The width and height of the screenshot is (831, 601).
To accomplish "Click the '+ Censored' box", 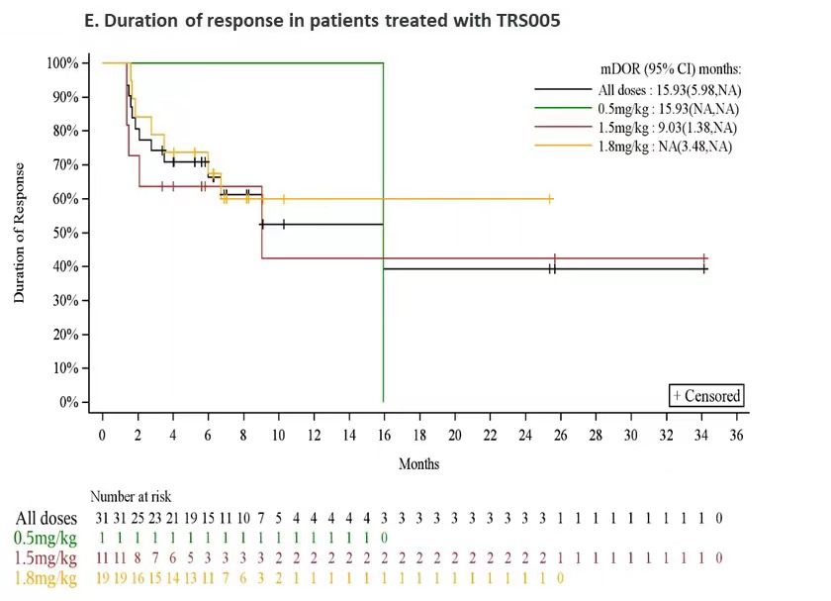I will (x=705, y=396).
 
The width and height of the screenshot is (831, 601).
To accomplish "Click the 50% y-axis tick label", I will (x=64, y=233).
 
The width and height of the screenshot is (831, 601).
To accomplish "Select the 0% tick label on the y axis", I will (x=67, y=402).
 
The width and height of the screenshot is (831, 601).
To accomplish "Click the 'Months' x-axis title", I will (x=418, y=463).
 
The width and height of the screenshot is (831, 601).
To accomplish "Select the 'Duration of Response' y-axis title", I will (x=19, y=233).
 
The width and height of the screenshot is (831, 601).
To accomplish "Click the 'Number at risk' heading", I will (x=131, y=496).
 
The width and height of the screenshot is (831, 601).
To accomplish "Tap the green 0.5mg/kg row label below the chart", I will (x=46, y=538).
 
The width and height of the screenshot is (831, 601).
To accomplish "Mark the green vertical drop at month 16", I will (x=383, y=233).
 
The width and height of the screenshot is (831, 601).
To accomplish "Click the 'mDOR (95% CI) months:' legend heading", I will (x=671, y=69).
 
